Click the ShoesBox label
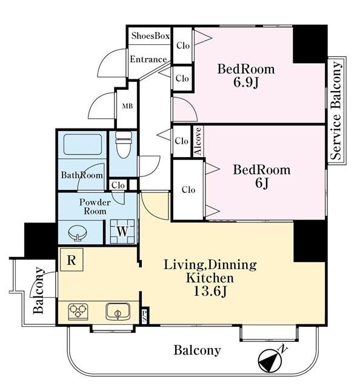click(150, 36)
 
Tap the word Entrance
click(148, 59)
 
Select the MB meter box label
click(127, 107)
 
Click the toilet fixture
click(124, 144)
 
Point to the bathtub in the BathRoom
click(82, 144)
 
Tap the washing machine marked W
click(122, 232)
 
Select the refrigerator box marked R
click(72, 260)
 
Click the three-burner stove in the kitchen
click(78, 311)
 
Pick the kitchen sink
click(118, 311)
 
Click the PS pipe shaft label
click(144, 316)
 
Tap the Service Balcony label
click(336, 110)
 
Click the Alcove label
click(198, 141)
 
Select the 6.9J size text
click(245, 82)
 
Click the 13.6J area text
click(210, 291)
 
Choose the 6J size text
click(262, 183)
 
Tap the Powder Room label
click(95, 207)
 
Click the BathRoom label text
click(82, 175)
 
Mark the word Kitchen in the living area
click(210, 278)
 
